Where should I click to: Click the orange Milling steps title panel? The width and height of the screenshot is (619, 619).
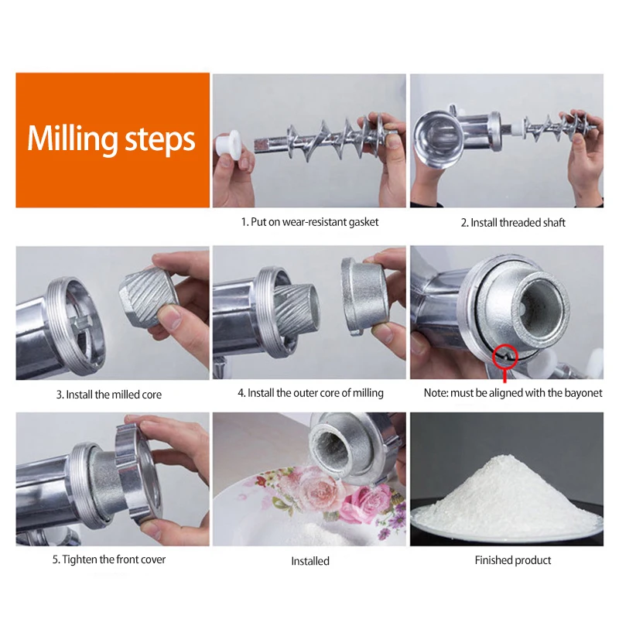click(112, 140)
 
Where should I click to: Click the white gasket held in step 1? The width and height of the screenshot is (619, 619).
click(228, 145)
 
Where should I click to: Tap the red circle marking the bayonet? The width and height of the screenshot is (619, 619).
click(505, 356)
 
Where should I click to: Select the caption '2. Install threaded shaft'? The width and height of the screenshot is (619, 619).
click(513, 223)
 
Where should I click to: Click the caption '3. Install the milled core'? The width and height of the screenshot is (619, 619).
click(109, 395)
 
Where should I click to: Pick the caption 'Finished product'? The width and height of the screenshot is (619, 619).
click(513, 560)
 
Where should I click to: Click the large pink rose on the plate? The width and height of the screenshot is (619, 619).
click(316, 490)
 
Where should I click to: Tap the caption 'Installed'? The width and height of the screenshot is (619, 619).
click(310, 562)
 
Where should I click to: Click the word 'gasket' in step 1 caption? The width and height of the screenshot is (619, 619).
click(363, 222)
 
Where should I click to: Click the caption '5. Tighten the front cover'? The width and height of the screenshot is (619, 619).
click(109, 559)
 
